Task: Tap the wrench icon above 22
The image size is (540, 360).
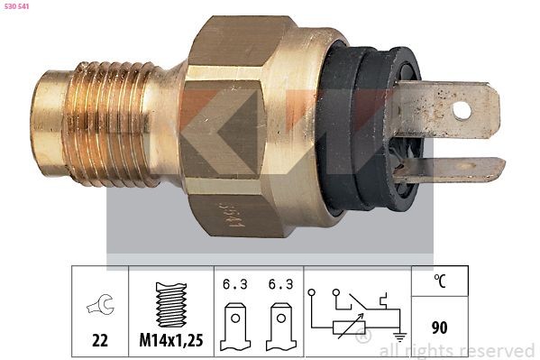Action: point(99,307)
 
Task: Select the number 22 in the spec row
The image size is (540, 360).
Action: point(100,341)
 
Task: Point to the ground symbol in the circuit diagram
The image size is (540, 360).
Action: point(398,336)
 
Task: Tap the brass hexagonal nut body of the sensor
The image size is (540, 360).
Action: point(234,126)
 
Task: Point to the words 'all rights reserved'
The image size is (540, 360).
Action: point(457,350)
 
